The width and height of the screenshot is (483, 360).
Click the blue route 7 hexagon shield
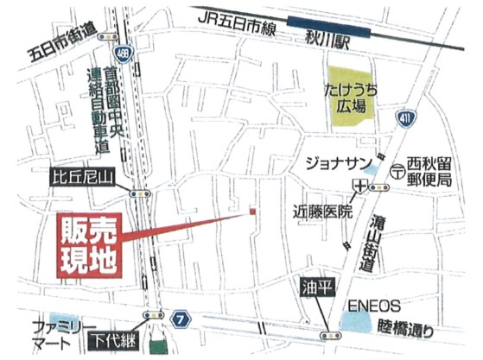pos(180,319)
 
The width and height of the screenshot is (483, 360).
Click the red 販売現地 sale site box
pos(89,246)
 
